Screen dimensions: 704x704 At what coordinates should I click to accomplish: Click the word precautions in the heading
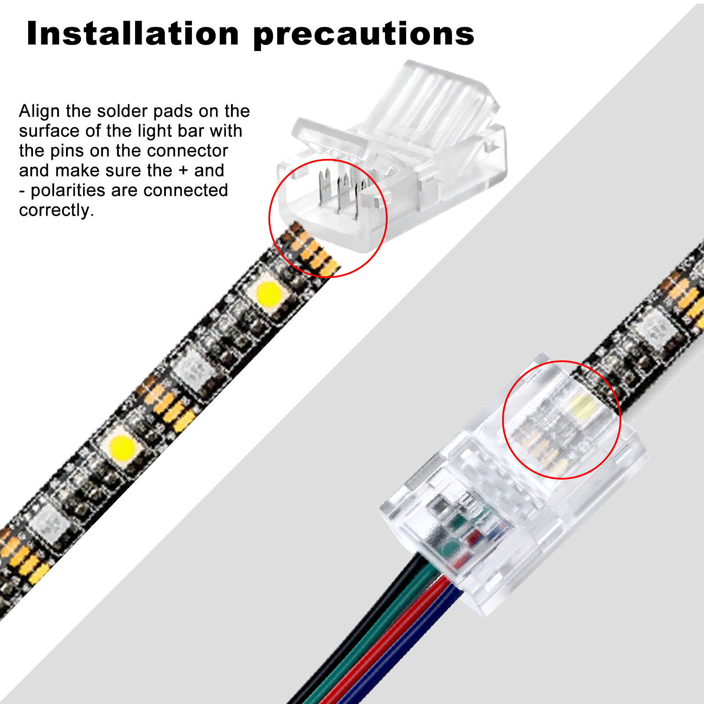[364, 35]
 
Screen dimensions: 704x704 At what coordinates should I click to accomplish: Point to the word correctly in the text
[56, 210]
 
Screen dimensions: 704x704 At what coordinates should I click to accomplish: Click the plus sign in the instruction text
[183, 171]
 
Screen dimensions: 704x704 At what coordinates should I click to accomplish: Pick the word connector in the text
[187, 151]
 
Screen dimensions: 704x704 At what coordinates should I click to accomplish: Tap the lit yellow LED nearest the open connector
[268, 294]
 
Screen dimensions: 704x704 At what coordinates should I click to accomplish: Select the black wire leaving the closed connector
[352, 634]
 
